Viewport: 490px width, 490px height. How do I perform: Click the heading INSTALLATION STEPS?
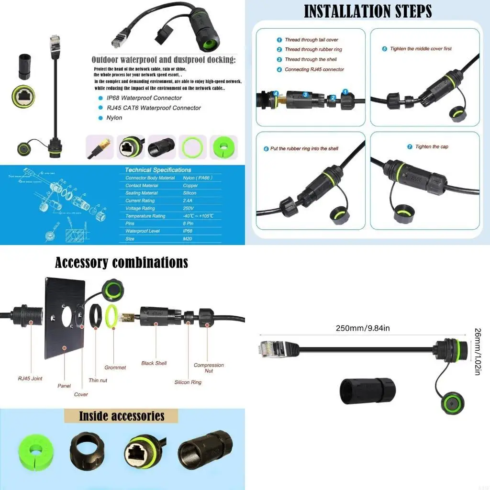point(367,11)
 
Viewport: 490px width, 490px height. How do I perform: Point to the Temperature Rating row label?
point(145,216)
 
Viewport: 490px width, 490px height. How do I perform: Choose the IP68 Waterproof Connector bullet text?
point(144,98)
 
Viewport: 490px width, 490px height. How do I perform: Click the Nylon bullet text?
point(114,118)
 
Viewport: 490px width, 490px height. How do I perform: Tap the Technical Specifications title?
point(158,170)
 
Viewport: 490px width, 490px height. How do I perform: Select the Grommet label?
point(115,367)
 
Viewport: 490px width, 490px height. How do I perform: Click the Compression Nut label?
point(209,367)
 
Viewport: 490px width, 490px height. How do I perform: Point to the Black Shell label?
point(154,363)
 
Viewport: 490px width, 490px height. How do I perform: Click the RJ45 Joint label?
point(30,379)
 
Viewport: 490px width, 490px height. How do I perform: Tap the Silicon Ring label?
point(188,382)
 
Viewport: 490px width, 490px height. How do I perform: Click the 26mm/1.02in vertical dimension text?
point(477,351)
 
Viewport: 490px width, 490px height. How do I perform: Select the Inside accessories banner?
point(122,416)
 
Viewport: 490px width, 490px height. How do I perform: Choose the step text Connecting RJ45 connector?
point(314,69)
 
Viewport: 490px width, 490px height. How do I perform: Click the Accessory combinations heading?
point(122,263)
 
